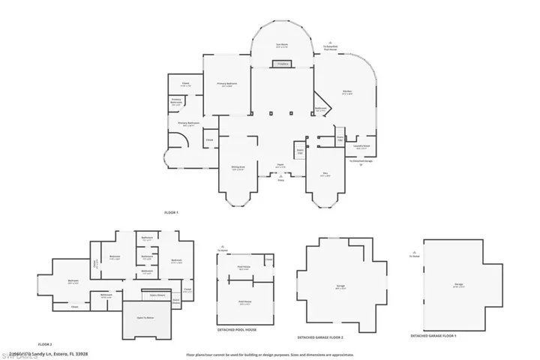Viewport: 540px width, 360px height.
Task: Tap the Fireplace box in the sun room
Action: [x=283, y=65]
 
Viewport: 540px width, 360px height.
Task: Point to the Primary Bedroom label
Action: [x=227, y=85]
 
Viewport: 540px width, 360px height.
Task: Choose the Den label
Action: [x=325, y=175]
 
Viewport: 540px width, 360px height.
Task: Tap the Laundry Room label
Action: [x=361, y=147]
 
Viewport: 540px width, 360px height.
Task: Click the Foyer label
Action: [x=279, y=166]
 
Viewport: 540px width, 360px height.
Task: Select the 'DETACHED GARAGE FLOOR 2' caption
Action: [x=325, y=337]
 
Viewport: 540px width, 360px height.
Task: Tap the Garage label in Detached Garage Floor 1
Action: [x=458, y=284]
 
